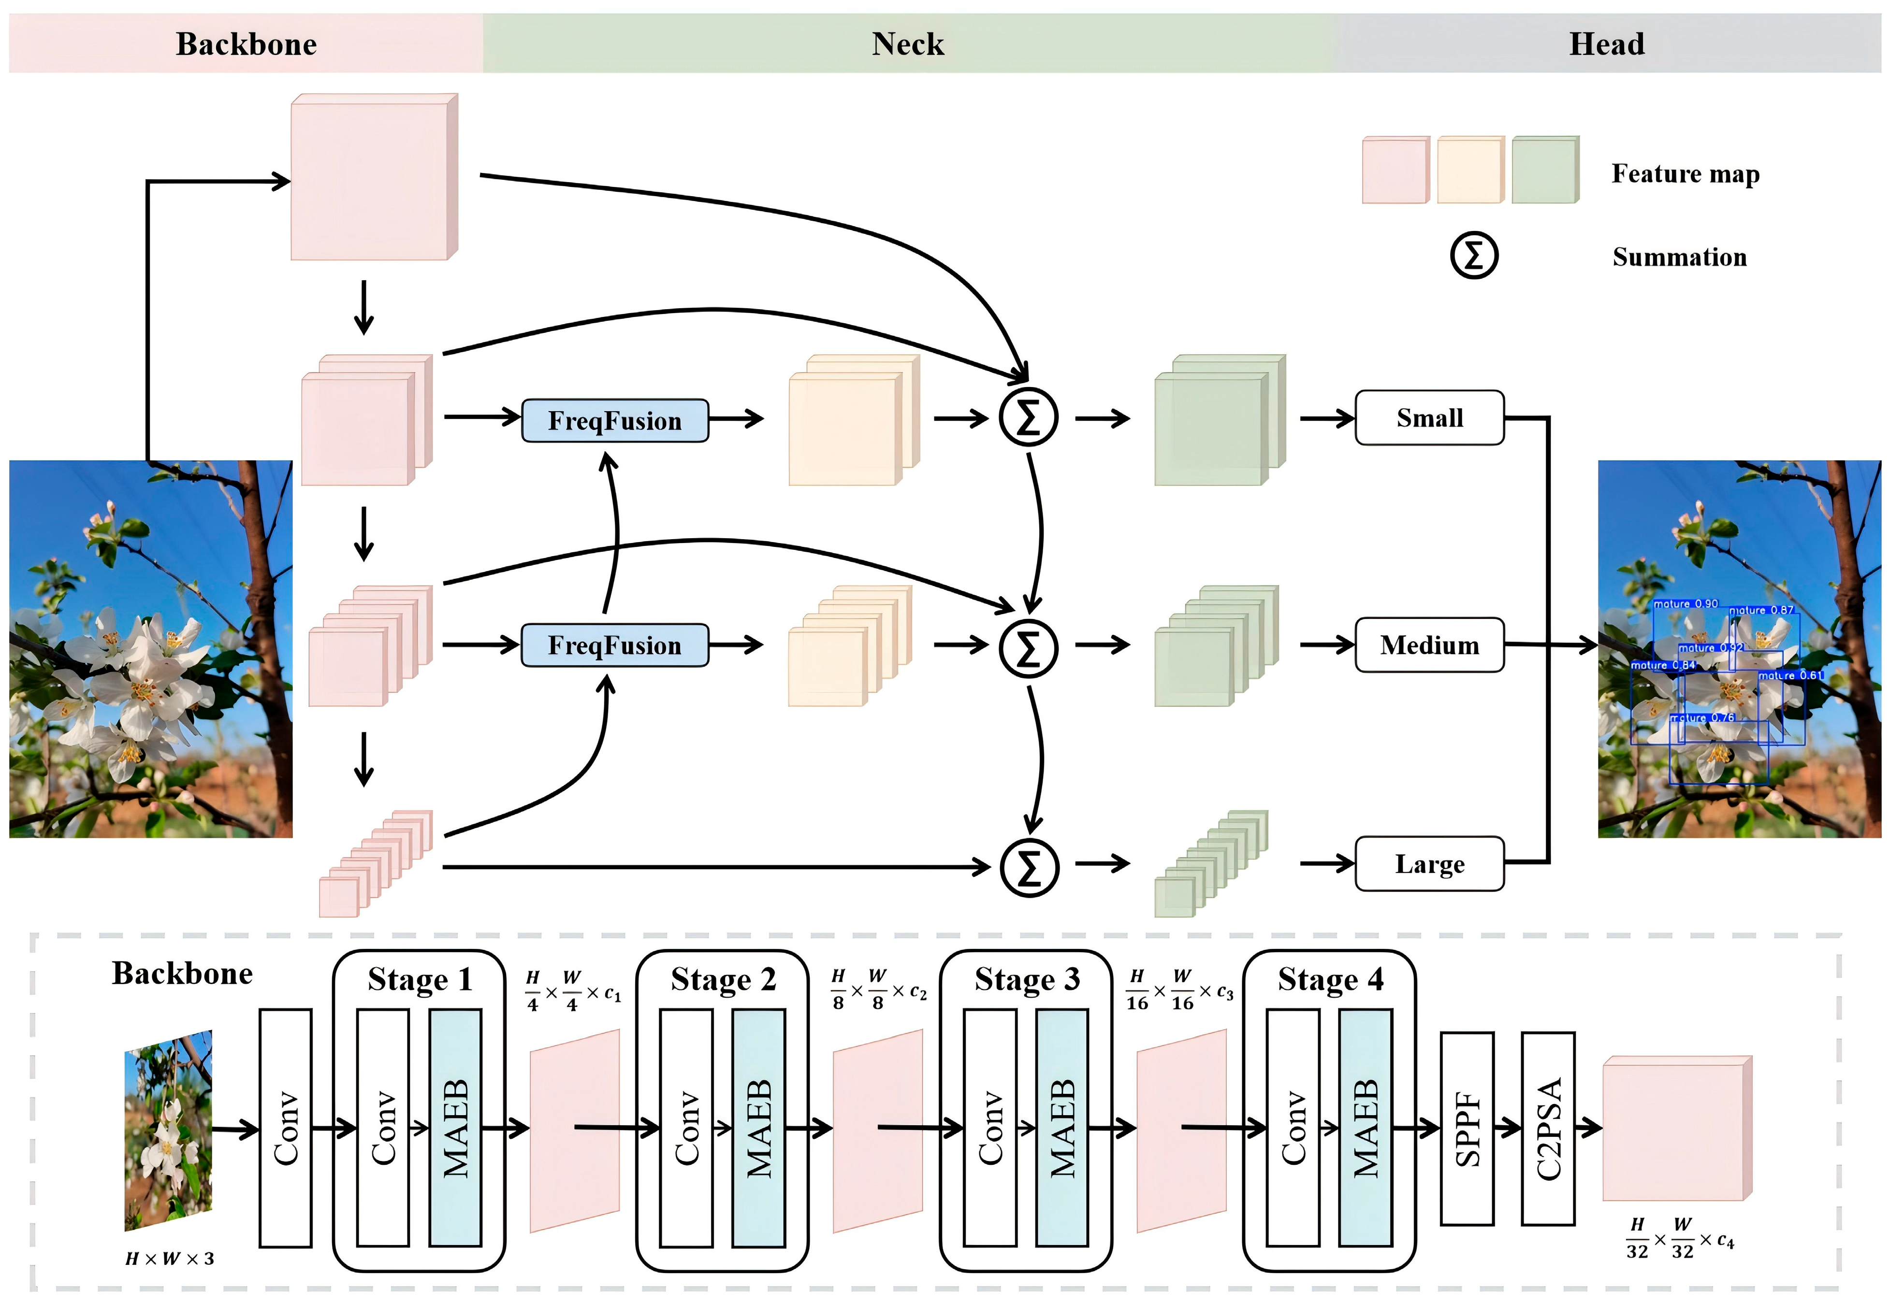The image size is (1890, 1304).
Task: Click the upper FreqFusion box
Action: click(615, 421)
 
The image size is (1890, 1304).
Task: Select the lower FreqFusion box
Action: click(615, 645)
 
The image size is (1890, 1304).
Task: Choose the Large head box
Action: click(1429, 863)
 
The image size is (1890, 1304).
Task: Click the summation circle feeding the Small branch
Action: click(1029, 417)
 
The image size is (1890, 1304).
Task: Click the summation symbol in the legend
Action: click(1473, 256)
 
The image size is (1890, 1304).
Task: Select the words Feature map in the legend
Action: click(1685, 174)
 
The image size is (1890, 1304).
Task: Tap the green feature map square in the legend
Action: click(1544, 170)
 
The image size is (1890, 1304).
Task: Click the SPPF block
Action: click(1467, 1128)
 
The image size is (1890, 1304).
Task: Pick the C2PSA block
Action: click(1547, 1128)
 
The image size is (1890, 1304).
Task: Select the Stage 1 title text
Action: click(420, 979)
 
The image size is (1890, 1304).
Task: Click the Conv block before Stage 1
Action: click(285, 1128)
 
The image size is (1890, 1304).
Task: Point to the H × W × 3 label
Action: click(169, 1258)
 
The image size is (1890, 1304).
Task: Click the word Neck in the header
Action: click(907, 44)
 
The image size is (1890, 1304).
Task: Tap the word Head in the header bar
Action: click(1606, 44)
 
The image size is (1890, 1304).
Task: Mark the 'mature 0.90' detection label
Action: click(1686, 604)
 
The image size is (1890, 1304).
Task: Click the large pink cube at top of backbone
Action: click(372, 178)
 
